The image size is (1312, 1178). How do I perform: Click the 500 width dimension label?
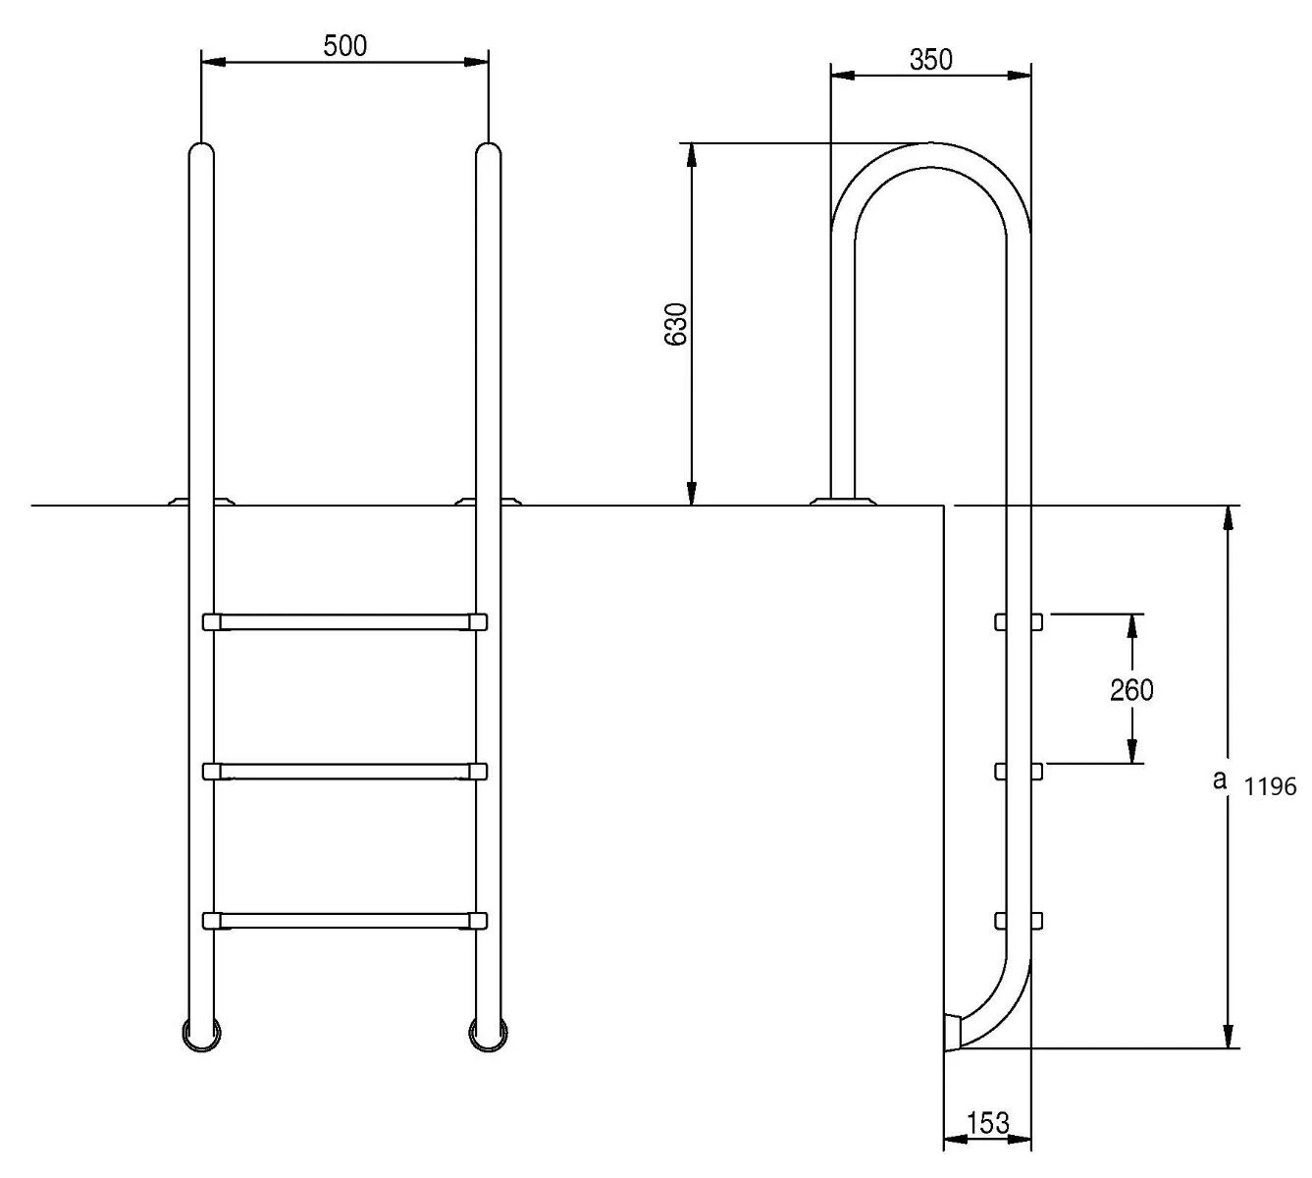[344, 45]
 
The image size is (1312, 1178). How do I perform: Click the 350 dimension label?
[930, 60]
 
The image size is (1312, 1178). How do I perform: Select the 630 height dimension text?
[675, 323]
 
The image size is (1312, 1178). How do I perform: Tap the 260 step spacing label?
[1131, 690]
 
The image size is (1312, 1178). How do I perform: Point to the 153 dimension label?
[987, 1123]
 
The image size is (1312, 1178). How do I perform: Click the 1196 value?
[1271, 786]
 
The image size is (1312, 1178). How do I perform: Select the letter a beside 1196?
[1220, 780]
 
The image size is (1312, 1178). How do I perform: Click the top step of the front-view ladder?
[344, 621]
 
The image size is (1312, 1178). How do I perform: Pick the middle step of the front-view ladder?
[344, 772]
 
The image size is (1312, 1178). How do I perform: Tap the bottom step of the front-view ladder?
[344, 921]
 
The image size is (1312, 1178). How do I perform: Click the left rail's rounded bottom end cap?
[201, 1035]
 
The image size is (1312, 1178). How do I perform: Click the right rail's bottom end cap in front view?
[488, 1035]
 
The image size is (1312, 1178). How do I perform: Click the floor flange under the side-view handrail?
[842, 501]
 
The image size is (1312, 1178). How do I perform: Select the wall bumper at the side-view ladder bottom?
[951, 1033]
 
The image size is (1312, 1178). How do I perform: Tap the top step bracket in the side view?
[1018, 621]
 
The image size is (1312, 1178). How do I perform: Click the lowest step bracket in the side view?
[1018, 921]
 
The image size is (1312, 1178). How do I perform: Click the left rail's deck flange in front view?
[201, 501]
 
